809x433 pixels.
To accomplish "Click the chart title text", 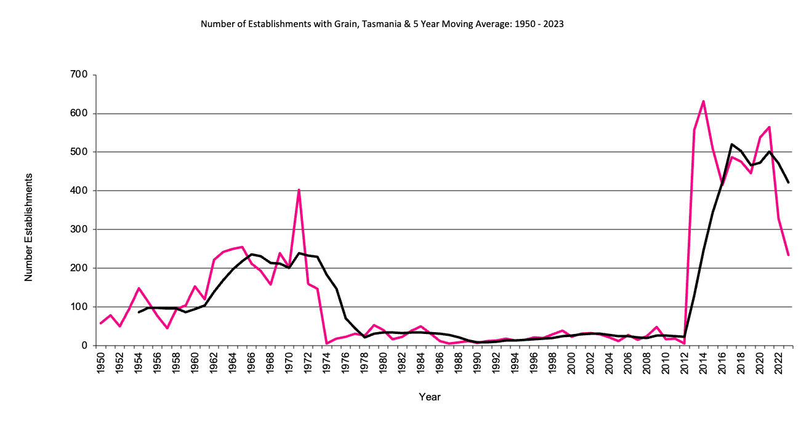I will [x=382, y=25].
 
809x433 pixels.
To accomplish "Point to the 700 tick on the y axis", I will [x=80, y=75].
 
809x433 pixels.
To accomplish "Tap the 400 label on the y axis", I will [x=80, y=191].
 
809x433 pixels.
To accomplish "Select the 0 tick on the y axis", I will [x=86, y=346].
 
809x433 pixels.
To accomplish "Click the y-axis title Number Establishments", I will [x=28, y=228].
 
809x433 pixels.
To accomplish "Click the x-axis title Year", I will [x=429, y=397].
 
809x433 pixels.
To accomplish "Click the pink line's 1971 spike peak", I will [x=299, y=189].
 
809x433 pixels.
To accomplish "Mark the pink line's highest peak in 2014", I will [x=703, y=101].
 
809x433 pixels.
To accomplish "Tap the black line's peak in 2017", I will [x=731, y=145].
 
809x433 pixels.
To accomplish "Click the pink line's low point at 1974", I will [x=327, y=343].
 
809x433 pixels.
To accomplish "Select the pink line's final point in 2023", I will [x=788, y=255].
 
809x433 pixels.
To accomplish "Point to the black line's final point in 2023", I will [x=788, y=183].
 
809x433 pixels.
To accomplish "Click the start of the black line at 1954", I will [x=139, y=312].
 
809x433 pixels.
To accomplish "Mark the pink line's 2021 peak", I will [x=769, y=127].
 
